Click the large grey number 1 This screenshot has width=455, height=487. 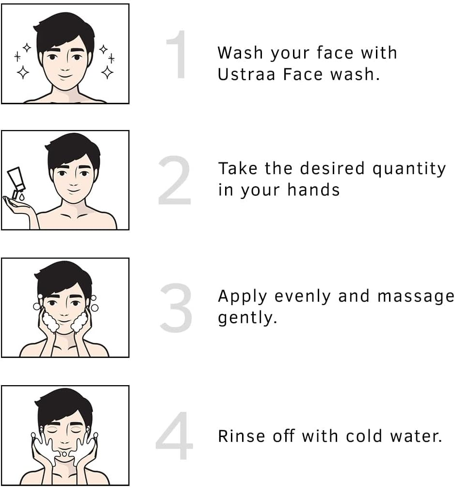(x=178, y=54)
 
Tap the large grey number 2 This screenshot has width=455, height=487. (x=175, y=180)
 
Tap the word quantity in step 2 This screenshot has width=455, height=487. (x=409, y=169)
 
